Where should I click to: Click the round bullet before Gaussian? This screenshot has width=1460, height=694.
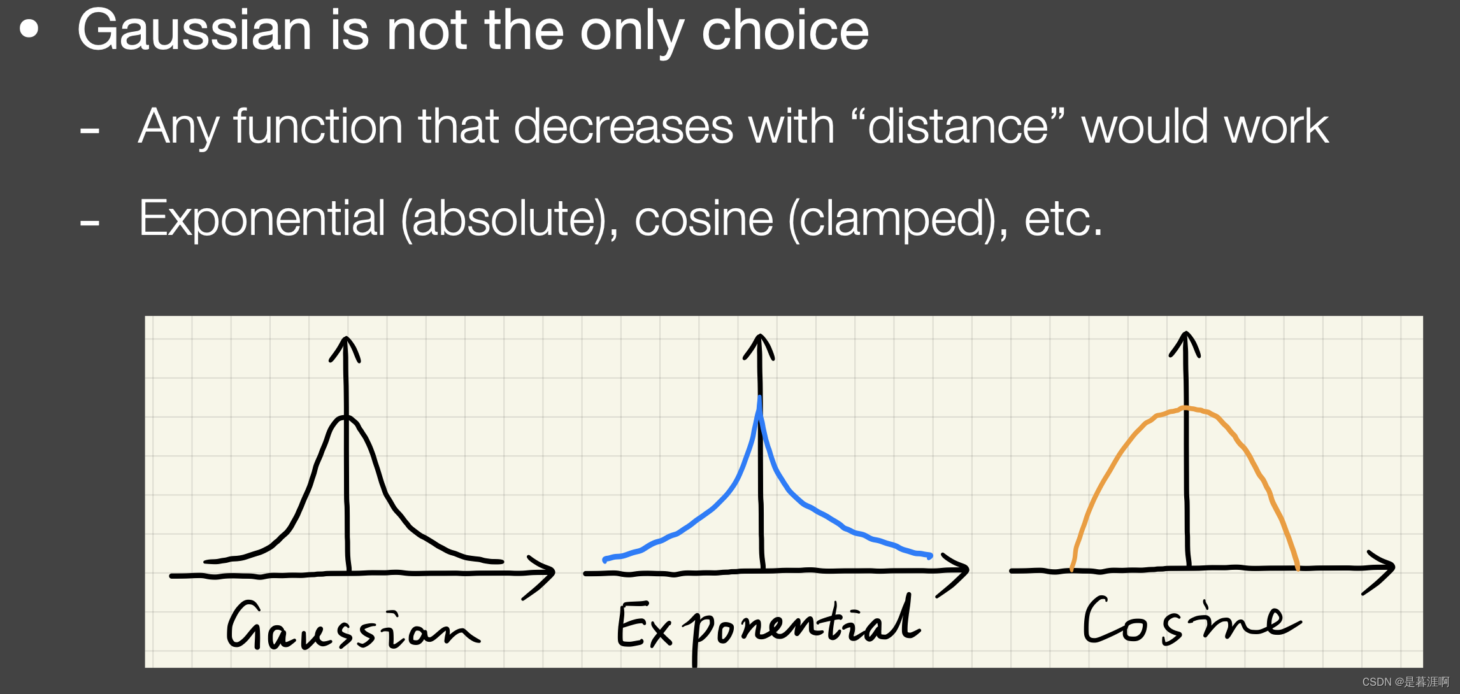point(29,29)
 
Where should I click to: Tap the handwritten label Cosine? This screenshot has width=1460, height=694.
point(1191,620)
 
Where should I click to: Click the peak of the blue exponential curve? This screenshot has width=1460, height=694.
point(759,399)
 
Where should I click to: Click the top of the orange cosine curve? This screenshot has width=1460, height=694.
point(1185,408)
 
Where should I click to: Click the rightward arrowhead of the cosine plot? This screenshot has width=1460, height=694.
point(1380,572)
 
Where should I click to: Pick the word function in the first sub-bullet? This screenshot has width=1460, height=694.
point(318,125)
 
